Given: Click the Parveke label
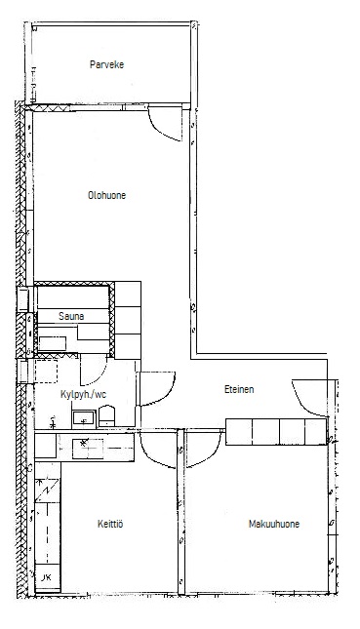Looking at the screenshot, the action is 106,64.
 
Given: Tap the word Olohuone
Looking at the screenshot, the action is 106,195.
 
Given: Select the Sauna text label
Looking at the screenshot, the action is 71,316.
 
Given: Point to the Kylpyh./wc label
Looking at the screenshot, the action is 84,394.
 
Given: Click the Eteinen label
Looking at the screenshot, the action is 239,389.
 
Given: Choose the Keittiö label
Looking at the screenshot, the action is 110,524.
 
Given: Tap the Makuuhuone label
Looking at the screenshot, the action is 274,524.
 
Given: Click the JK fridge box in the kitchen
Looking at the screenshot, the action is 48,577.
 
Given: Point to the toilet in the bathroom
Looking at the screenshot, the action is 106,416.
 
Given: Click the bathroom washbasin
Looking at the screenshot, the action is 84,418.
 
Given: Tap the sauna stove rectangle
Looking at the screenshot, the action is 52,344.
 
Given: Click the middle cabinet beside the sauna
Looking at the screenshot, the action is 128,320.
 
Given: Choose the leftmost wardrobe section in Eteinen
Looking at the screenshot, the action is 239,432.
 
